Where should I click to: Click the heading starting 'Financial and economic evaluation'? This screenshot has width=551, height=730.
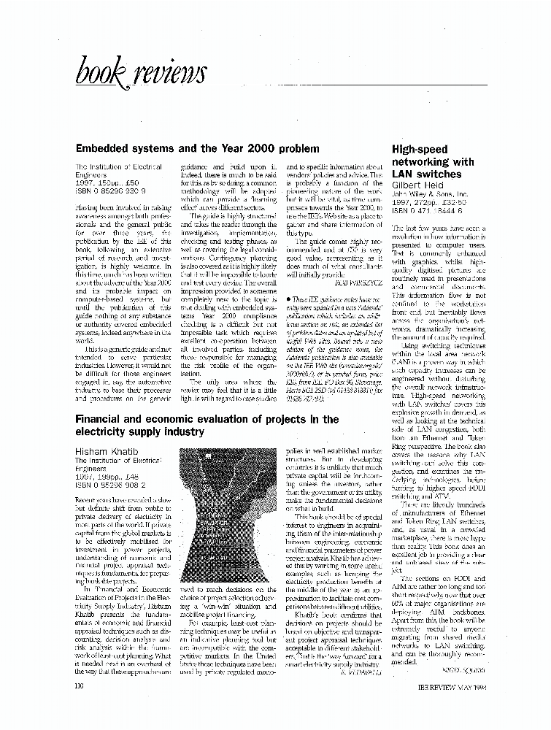coord(207,426)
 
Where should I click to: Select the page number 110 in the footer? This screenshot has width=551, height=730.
coord(80,686)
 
